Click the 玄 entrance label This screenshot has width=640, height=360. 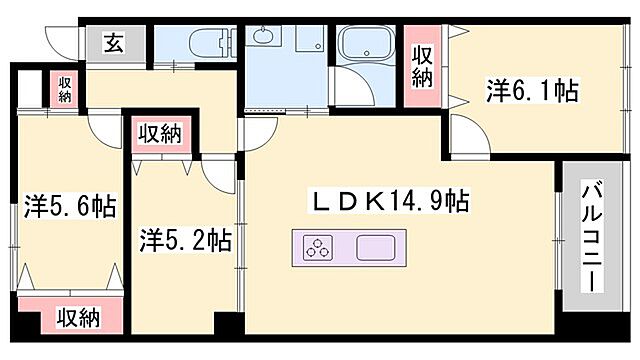(x=112, y=44)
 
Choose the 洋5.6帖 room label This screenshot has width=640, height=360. (x=70, y=207)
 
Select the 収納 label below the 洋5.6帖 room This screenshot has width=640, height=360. (x=78, y=318)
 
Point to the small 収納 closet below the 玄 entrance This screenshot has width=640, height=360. (x=65, y=89)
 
